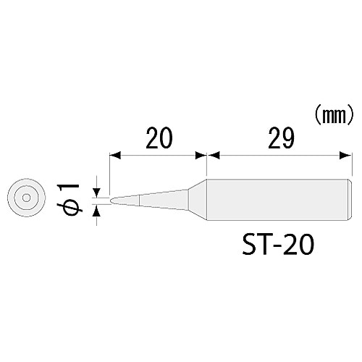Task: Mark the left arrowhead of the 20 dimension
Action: [x=114, y=154]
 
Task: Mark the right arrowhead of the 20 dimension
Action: [x=202, y=154]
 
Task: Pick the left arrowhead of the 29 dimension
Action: [x=212, y=154]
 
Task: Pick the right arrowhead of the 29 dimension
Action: [x=337, y=154]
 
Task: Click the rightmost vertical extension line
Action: [x=342, y=167]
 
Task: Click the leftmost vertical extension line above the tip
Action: [x=109, y=170]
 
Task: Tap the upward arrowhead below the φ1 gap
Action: [x=96, y=208]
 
